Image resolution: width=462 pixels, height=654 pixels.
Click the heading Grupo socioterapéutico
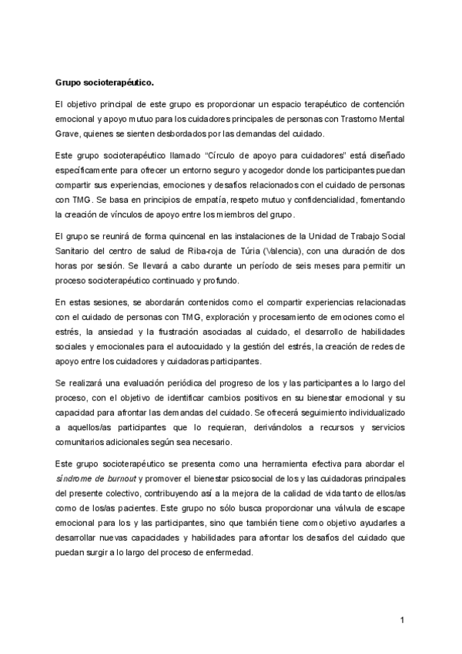[105, 81]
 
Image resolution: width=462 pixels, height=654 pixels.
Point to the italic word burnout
[126, 478]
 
